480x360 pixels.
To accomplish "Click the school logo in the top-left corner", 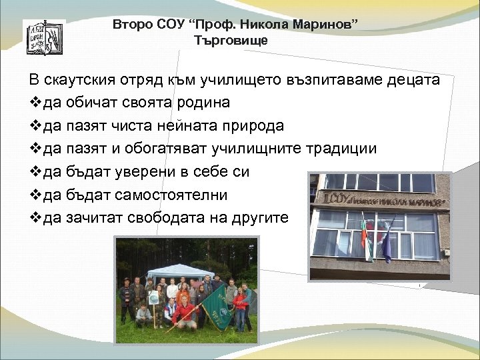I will tap(45, 37).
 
